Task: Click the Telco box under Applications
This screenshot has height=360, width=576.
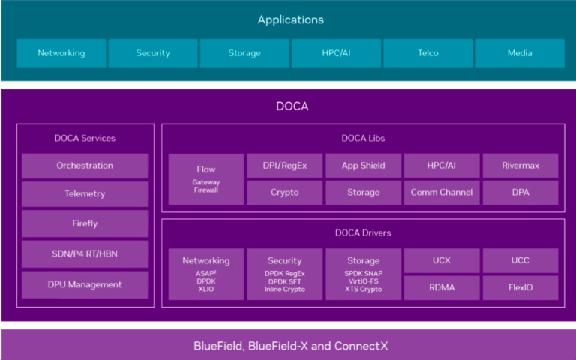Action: click(428, 53)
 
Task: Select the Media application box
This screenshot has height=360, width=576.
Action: click(520, 53)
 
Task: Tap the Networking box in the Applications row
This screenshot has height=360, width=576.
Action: click(61, 53)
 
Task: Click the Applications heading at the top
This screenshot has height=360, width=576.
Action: click(290, 19)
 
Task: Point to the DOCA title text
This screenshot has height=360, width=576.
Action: click(292, 106)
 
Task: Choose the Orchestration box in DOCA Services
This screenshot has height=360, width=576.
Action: click(85, 166)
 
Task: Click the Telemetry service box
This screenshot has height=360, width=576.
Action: click(85, 194)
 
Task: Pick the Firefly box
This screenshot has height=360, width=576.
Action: click(85, 223)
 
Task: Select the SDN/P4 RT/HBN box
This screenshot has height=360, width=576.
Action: click(85, 253)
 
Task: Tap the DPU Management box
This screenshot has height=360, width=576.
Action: click(85, 285)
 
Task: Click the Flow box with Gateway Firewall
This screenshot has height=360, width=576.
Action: click(206, 179)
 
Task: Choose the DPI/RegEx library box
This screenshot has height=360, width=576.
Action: click(285, 166)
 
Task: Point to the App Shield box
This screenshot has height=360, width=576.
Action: click(363, 166)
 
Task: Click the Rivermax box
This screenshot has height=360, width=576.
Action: click(520, 166)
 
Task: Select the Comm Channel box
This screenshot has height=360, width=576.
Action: click(442, 193)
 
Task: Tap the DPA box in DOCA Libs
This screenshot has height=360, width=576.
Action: click(520, 193)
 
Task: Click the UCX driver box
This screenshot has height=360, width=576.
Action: click(442, 260)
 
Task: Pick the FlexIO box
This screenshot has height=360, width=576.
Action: click(520, 288)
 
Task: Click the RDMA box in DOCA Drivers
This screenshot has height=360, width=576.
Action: click(442, 288)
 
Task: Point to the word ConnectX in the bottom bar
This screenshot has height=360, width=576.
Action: click(361, 346)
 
